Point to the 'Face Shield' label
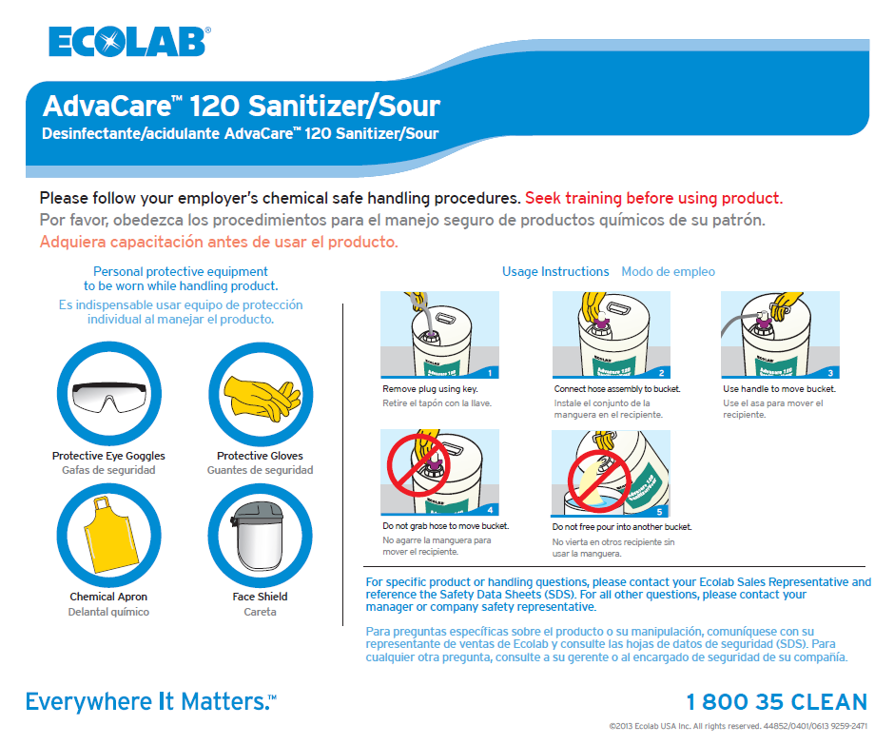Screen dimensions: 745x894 (x=260, y=597)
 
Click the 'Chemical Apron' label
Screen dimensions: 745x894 (x=108, y=597)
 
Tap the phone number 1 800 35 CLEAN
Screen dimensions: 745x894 (x=776, y=702)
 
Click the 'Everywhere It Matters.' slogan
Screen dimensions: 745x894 (x=150, y=702)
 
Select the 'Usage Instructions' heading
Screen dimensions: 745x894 (x=555, y=271)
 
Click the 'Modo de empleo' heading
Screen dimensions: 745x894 (x=668, y=271)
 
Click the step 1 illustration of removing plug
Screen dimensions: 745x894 (x=439, y=335)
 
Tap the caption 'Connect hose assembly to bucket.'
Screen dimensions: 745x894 (x=617, y=389)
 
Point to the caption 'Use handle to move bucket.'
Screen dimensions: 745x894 (x=779, y=389)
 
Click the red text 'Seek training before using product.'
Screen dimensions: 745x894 (x=654, y=198)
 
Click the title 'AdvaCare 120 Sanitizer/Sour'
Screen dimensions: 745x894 (x=242, y=105)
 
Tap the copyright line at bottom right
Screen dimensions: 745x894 (x=738, y=726)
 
